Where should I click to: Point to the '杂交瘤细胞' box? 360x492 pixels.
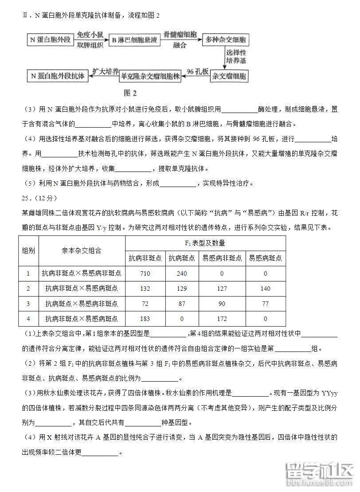coord(229,75)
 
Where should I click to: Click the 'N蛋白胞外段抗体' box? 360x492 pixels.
coord(58,76)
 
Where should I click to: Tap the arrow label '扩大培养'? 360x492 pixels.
coord(106,71)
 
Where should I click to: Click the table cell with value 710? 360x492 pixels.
coord(145,273)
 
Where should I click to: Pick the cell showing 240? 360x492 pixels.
coord(182,273)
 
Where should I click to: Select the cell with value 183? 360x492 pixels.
coord(145,319)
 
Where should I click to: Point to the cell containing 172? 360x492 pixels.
coord(222,319)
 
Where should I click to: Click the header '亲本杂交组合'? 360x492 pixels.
coord(82,250)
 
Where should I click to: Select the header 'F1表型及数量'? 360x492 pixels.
coord(205,243)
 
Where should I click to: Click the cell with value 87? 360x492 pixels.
coord(182,304)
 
